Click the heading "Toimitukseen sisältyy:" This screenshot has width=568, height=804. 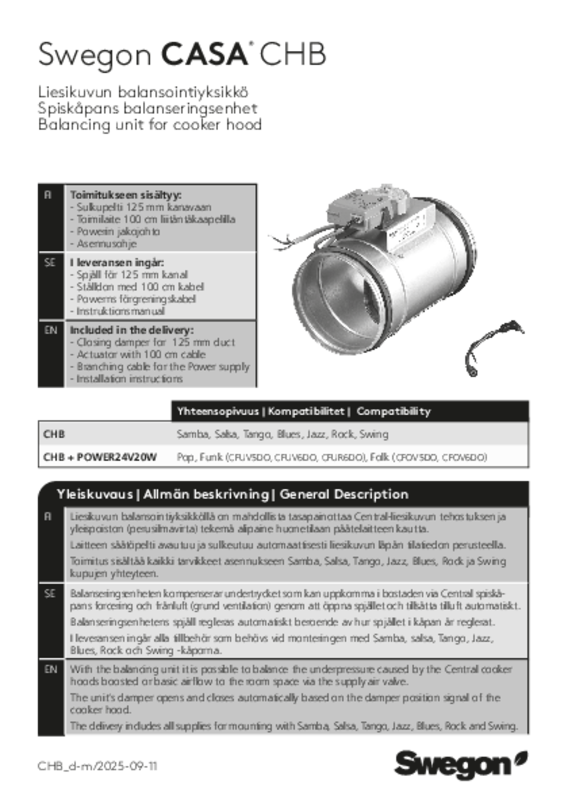coord(126,195)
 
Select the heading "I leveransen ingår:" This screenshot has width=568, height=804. coord(117,263)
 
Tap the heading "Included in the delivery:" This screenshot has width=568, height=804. coord(132,330)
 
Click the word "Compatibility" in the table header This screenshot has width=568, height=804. coord(393,411)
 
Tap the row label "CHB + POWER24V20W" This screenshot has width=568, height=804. coord(100,458)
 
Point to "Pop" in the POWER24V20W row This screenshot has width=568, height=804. coord(185,458)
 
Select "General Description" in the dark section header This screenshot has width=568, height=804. coord(344,494)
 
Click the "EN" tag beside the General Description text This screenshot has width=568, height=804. coord(50,670)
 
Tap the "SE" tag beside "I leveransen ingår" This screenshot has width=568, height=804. coord(50,263)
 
